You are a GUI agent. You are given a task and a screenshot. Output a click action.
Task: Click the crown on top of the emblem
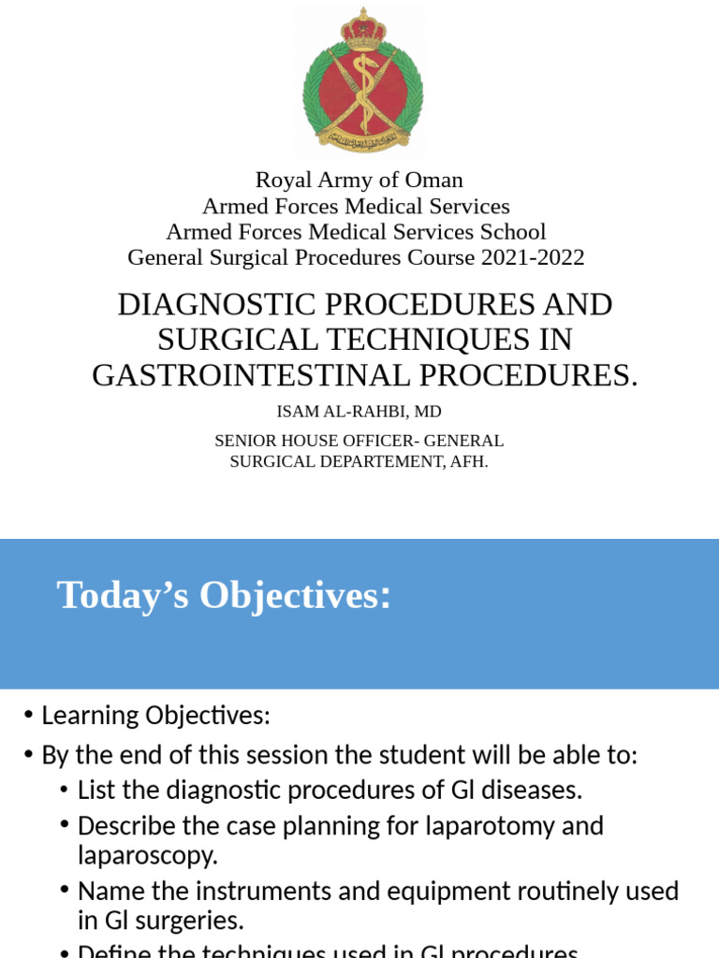[362, 29]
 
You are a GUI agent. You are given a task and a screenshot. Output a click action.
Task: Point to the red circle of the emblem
[362, 91]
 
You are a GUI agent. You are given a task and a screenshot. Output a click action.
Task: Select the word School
[514, 232]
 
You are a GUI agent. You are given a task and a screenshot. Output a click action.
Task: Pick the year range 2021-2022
[533, 258]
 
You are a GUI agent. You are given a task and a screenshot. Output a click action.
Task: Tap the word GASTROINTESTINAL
[251, 375]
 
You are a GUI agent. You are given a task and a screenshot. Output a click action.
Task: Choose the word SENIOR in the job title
[246, 441]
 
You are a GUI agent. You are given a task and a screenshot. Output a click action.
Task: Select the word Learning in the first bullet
[90, 716]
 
